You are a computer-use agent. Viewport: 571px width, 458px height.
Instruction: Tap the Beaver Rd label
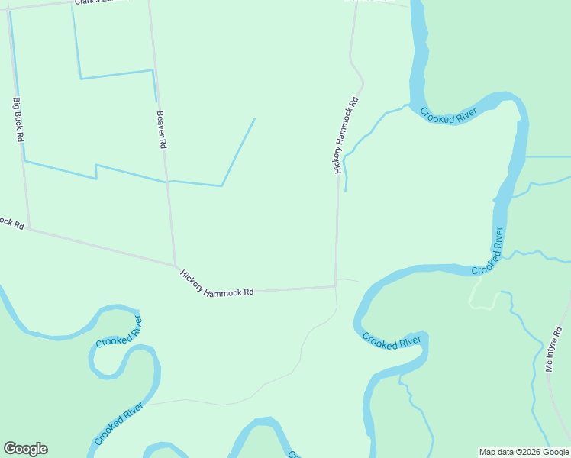[161, 130]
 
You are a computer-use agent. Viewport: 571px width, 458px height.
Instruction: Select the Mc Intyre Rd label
[553, 350]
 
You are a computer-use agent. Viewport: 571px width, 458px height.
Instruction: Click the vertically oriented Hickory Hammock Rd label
[344, 136]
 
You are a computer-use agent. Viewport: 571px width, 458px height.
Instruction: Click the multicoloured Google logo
[25, 449]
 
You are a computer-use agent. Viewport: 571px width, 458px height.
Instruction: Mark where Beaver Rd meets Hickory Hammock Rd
[176, 266]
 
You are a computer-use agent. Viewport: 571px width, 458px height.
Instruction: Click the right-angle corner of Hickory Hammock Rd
[335, 286]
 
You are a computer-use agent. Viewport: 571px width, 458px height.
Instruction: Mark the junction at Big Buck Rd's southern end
[29, 227]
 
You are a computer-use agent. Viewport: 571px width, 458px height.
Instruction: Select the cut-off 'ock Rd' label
[12, 224]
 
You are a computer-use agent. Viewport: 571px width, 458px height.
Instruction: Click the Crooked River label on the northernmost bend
[448, 115]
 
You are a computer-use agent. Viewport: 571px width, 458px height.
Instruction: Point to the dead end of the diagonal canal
[254, 118]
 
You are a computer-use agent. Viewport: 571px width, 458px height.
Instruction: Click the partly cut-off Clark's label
[102, 2]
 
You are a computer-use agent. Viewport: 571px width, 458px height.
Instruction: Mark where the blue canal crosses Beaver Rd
[166, 182]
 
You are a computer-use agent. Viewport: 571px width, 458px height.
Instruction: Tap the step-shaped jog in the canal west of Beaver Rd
[96, 172]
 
